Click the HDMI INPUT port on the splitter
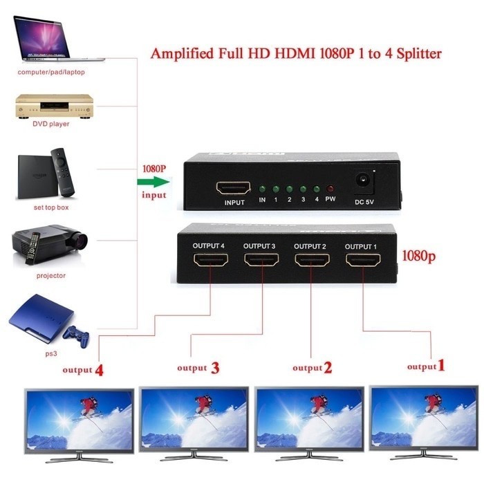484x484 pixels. pos(234,188)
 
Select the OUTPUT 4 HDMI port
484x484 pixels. pos(210,261)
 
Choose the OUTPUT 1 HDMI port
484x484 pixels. pos(363,261)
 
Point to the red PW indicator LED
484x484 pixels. pos(331,189)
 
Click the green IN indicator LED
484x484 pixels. pos(262,188)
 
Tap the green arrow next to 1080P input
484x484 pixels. pos(153,183)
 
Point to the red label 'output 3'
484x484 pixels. pos(198,368)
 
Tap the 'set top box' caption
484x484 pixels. pos(51,207)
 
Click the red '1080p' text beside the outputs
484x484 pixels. pos(420,254)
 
